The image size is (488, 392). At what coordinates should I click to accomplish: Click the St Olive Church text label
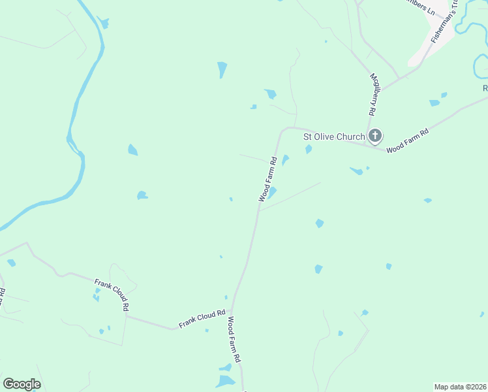point(333,137)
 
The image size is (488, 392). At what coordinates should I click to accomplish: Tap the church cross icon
point(374,136)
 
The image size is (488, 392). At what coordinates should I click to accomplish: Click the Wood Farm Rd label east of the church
point(407,140)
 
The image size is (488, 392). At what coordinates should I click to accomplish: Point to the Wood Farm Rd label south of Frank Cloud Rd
point(234,340)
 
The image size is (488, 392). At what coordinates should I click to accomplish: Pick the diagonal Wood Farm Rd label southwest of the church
point(268,178)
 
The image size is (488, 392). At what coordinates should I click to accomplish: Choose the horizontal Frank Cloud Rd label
point(202,316)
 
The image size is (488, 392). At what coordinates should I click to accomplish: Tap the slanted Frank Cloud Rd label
point(112,294)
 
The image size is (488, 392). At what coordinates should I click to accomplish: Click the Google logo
point(22,384)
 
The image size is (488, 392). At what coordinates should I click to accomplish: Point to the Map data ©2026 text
point(460,387)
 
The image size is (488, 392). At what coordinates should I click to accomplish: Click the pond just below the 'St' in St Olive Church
point(309,150)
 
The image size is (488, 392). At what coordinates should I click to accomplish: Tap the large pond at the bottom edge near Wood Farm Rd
point(225,381)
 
